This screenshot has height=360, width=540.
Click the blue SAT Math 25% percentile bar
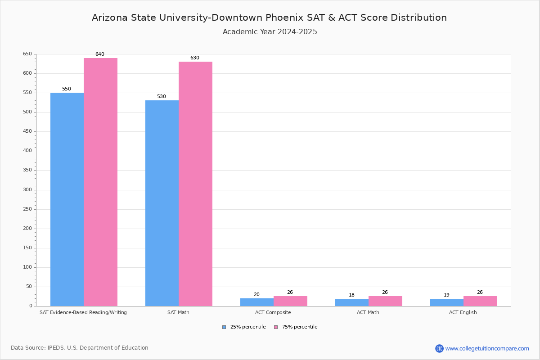(162, 202)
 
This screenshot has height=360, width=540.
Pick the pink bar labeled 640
(100, 182)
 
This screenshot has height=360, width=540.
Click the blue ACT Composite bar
(257, 302)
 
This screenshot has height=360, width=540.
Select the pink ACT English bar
(480, 301)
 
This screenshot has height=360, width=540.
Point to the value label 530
(161, 97)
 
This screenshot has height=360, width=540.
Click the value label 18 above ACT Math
(351, 295)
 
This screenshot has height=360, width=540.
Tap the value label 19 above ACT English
(446, 295)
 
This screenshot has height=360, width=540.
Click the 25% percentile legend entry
(244, 327)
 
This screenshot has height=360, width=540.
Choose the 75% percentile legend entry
(296, 327)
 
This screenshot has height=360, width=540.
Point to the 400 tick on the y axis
(27, 151)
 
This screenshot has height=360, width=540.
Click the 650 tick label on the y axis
(27, 54)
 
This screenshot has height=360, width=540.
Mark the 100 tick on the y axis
(27, 267)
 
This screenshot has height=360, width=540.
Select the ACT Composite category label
(273, 312)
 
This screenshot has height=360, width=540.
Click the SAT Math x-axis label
(178, 312)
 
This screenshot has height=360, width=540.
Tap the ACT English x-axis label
(463, 312)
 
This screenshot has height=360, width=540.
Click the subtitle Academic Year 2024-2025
(270, 32)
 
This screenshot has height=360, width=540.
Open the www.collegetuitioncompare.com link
(487, 348)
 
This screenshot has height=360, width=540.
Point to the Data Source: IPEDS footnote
(80, 348)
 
